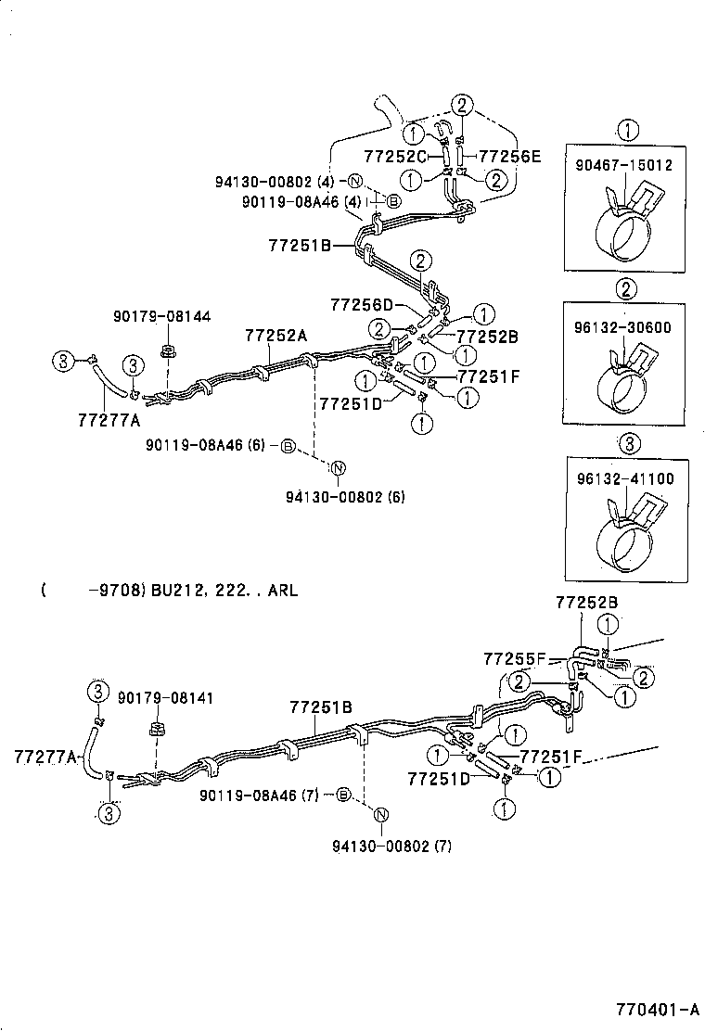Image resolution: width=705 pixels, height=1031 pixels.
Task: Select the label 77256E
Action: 507,156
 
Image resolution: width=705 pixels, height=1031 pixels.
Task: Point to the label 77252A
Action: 277,336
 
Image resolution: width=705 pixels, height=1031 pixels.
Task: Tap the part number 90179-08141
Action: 164,697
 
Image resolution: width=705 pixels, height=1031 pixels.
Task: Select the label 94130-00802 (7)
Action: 391,845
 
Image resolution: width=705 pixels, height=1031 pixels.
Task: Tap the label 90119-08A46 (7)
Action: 261,795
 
